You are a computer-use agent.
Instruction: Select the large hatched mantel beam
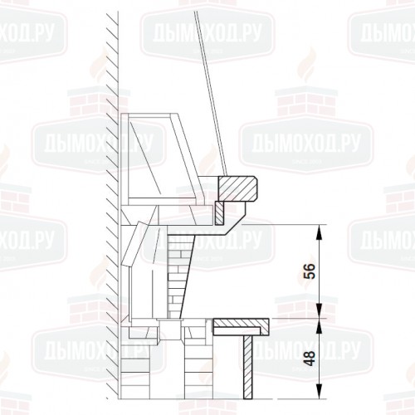coord(240,188)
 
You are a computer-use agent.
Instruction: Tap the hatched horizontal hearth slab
coord(241,325)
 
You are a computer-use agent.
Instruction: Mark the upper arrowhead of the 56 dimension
coord(320,228)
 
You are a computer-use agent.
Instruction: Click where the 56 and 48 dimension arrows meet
coord(320,318)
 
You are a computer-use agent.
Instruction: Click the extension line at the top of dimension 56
coord(282,224)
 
